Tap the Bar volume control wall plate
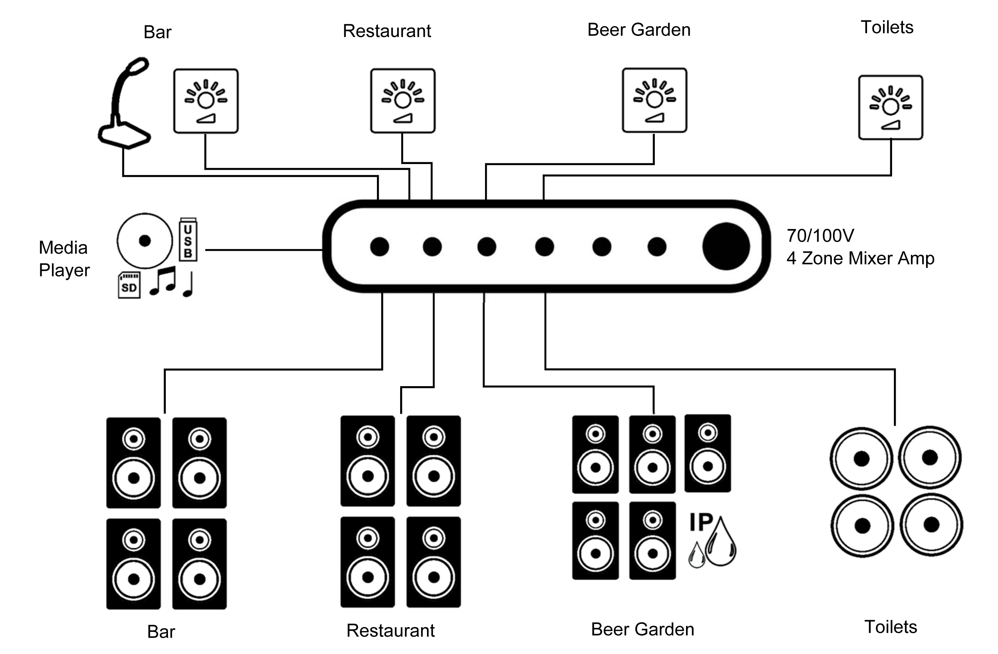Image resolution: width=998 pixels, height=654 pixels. tap(206, 101)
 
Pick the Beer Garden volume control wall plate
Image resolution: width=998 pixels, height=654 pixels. tap(654, 100)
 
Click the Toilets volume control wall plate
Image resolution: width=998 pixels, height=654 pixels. tap(891, 107)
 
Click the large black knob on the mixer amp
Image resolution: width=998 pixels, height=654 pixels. tap(726, 246)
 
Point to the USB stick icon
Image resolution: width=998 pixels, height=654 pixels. tap(188, 240)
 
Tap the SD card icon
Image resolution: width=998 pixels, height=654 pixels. tap(129, 285)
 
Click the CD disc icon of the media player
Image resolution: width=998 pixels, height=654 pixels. tap(145, 240)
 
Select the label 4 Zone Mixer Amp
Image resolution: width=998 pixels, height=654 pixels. tap(860, 258)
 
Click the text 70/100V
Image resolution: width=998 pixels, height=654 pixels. tap(820, 236)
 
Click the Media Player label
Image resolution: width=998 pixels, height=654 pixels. tap(64, 259)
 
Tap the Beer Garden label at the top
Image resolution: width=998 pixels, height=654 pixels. tap(638, 30)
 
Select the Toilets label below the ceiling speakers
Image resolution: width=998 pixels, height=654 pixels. tap(891, 627)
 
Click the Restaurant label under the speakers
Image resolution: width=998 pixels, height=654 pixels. tap(390, 630)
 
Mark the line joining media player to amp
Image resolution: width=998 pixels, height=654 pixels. tap(264, 250)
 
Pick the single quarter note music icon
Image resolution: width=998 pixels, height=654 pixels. tap(188, 285)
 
